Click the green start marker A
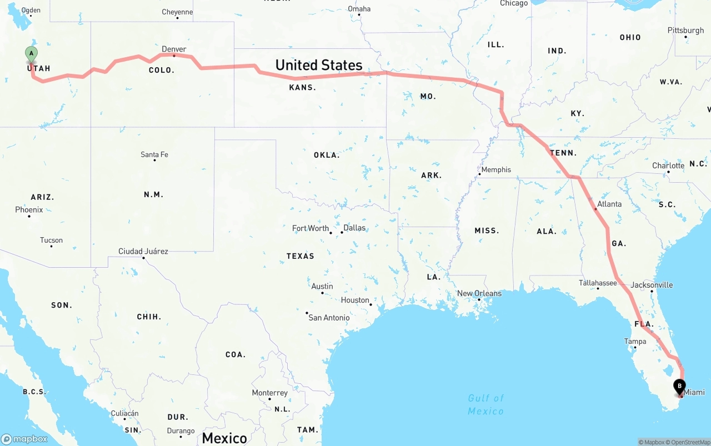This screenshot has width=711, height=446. [x=32, y=54]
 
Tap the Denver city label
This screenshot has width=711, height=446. [x=174, y=49]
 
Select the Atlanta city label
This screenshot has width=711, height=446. [x=609, y=204]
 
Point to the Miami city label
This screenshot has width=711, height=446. [x=694, y=392]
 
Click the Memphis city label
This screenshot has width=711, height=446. [x=496, y=169]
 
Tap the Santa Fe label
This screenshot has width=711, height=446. [x=154, y=154]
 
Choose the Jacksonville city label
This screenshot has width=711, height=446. [x=652, y=285]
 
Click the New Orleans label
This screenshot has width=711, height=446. [x=479, y=293]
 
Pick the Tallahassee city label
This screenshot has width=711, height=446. [x=598, y=283]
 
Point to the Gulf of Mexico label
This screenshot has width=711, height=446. [x=485, y=404]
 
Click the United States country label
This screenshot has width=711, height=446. [x=319, y=65]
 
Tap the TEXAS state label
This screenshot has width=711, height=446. [x=301, y=256]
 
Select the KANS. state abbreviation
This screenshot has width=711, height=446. [x=302, y=87]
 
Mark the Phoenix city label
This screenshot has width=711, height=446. [x=29, y=210]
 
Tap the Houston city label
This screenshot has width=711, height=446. [x=355, y=300]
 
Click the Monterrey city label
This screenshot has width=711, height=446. [x=270, y=393]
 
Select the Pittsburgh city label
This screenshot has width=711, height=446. [x=685, y=31]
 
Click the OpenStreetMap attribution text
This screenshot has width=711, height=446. [x=689, y=442]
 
